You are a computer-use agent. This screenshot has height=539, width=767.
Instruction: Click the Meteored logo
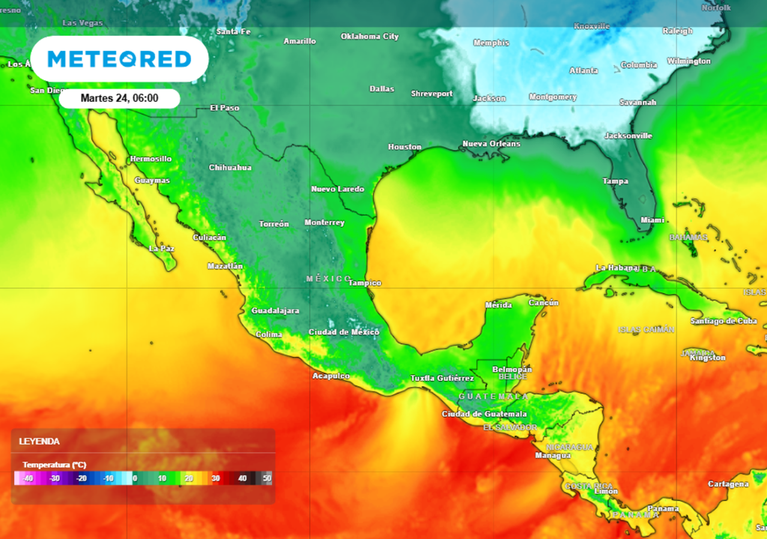pos(119,59)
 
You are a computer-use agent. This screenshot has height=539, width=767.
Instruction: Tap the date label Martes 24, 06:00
pos(119,98)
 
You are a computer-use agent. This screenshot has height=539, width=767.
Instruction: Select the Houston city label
pos(404,147)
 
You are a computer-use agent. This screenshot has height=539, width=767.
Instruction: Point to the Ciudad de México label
pos(344,332)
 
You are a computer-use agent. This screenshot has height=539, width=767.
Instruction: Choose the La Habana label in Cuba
pos(617,267)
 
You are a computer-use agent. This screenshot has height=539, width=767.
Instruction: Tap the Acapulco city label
pos(331,376)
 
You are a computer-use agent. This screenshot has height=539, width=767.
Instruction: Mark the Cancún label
pos(544,302)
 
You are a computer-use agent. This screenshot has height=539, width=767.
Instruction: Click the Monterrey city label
pos(324,222)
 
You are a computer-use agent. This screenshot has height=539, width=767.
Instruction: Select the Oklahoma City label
pos(369,36)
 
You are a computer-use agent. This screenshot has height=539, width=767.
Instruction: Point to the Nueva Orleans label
pos(491,143)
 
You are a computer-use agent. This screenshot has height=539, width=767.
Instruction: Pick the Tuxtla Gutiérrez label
pos(442,378)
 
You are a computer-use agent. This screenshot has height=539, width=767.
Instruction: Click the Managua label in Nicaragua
pos(553,455)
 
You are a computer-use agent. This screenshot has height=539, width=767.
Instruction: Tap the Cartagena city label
pos(727,484)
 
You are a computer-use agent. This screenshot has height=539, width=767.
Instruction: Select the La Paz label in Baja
pos(162,248)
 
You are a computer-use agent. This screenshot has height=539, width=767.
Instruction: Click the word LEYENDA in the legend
pos(40,442)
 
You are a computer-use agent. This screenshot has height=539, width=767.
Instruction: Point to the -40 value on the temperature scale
pos(28,478)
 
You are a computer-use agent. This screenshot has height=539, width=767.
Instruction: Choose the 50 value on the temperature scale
pos(267,478)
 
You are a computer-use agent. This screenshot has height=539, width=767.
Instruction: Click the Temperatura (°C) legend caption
pos(54,464)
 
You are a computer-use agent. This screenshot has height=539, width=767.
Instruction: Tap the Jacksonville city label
pos(628,135)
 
